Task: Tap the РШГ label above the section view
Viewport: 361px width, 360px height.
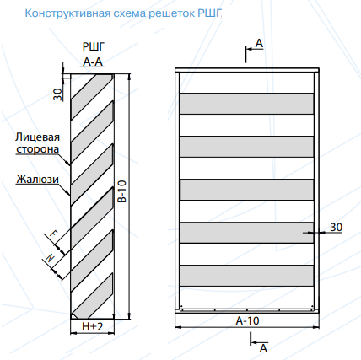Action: tap(94, 46)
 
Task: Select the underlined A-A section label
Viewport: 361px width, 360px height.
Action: tap(93, 62)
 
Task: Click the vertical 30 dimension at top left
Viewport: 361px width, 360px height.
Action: tap(57, 94)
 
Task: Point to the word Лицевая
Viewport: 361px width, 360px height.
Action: tap(38, 137)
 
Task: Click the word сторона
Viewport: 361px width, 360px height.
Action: tap(38, 149)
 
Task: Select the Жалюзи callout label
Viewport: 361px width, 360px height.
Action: tap(37, 179)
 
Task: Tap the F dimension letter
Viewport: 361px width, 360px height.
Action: tap(53, 233)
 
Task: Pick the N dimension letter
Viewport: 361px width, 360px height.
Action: tap(50, 258)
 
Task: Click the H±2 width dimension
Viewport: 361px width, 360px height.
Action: tap(93, 326)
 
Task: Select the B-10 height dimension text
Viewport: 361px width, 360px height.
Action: tap(122, 191)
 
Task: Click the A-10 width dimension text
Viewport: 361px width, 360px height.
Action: tap(247, 320)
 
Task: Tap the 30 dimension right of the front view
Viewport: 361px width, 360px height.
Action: tap(337, 227)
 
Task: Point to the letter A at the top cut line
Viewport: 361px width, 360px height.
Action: tap(259, 44)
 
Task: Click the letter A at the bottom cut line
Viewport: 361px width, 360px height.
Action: tap(263, 348)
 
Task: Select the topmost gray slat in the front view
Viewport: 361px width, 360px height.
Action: tap(247, 104)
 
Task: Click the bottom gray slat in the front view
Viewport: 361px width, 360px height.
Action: tap(247, 276)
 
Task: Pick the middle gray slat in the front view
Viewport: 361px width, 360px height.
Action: tap(247, 190)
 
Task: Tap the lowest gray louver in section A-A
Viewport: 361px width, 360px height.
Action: tap(93, 295)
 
